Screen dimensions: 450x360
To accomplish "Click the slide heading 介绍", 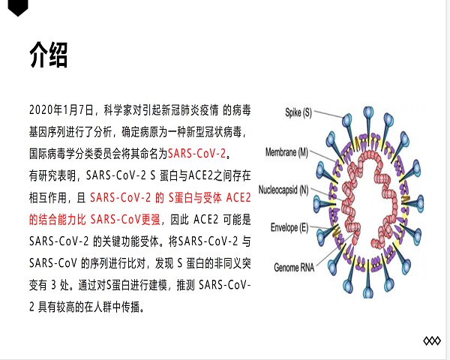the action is point(49,55).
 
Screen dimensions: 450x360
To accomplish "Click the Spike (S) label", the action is point(298,112).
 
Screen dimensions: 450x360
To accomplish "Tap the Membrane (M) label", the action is point(286,151).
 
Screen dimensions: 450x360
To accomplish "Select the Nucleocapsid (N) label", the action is point(283,190).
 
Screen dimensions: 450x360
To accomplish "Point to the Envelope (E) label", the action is point(289,228).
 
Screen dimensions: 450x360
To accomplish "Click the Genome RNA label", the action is point(294,268).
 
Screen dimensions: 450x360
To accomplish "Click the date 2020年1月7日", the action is point(61,110).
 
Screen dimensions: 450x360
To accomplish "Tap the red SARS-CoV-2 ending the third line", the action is point(196,154).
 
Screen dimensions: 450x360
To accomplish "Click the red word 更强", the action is point(151,220).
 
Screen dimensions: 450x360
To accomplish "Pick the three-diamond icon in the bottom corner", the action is point(432,340).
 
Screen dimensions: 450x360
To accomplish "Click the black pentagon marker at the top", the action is point(18,7).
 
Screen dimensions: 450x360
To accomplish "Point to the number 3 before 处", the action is point(54,285).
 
